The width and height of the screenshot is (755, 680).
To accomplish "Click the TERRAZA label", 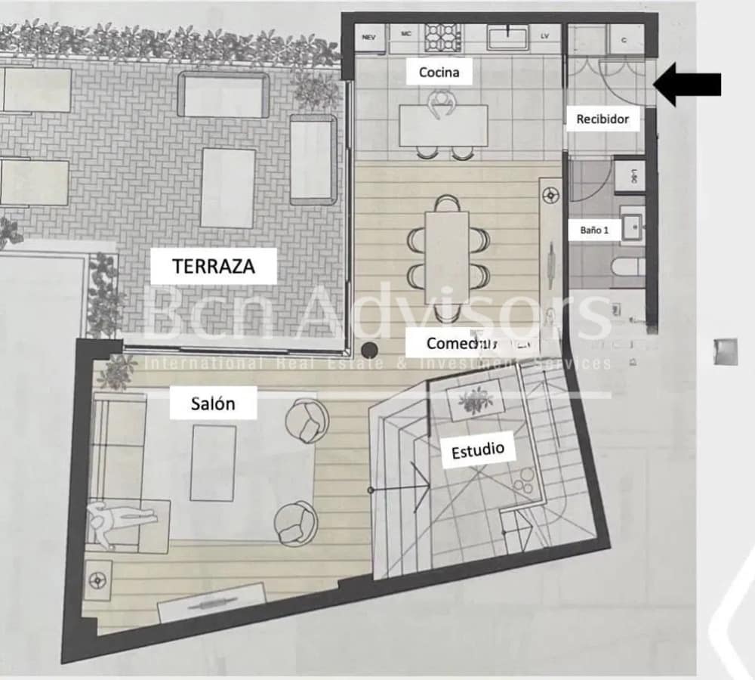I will pos(214,266).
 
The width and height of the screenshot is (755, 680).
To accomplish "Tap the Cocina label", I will pos(439,73).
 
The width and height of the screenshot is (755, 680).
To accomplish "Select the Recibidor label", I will pos(602,119).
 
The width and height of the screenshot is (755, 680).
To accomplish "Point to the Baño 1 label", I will pos(595,230).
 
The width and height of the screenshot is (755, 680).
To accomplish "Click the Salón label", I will pos(213,403).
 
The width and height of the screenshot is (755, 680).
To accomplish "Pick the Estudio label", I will pos(477,451).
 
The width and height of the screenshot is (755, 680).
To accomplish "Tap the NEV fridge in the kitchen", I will pos(369,36).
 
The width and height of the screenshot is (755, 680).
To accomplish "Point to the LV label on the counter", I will pos(544,36).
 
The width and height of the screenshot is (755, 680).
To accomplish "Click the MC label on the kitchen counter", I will pos(405,35).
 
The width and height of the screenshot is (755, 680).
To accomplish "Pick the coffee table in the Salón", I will pos(213,462).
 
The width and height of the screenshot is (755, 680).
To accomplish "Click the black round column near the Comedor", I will pos(370,350).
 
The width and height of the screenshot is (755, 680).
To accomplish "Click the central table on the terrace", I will pos(228,187).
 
